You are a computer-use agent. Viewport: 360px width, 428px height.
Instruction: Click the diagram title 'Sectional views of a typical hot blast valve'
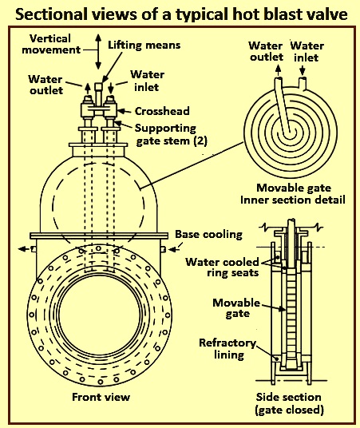(181, 14)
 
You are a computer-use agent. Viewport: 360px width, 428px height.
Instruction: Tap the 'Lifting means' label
(144, 45)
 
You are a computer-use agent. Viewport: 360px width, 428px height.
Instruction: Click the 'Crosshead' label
(162, 111)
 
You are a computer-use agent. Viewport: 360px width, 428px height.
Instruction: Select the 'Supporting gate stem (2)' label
(171, 135)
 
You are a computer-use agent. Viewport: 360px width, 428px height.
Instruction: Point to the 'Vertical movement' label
(51, 44)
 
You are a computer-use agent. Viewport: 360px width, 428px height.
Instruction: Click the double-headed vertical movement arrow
(98, 52)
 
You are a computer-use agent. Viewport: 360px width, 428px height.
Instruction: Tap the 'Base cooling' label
(209, 235)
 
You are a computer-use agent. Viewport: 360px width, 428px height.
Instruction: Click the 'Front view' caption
(101, 397)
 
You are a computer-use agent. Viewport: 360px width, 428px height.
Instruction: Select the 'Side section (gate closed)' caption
(289, 403)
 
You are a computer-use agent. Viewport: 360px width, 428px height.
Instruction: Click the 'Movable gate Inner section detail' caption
(293, 194)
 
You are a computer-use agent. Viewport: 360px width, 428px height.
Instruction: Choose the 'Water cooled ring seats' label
(222, 267)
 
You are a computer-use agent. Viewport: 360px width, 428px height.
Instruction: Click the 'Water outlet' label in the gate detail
(266, 51)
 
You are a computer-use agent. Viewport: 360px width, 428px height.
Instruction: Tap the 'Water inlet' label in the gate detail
(307, 51)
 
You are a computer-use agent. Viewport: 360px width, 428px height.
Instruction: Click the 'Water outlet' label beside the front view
(45, 85)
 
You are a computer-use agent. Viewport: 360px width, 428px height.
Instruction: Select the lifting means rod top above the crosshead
(98, 87)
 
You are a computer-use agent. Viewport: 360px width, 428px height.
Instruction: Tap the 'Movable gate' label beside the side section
(236, 308)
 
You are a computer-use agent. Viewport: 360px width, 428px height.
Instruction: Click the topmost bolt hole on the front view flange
(98, 248)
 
